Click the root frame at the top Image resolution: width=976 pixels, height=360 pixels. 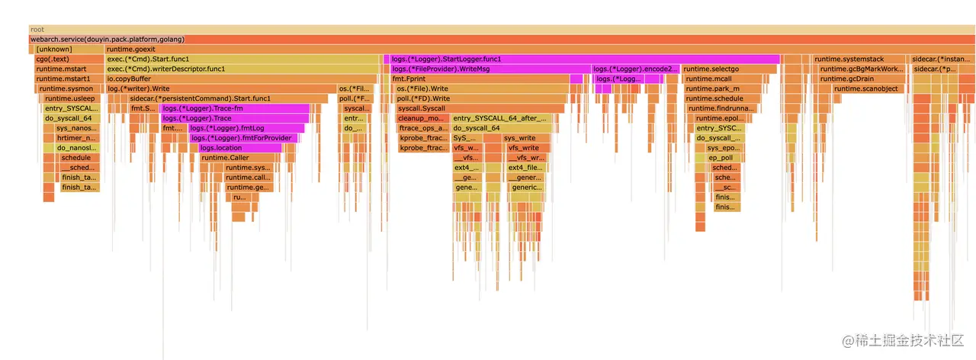click(x=488, y=29)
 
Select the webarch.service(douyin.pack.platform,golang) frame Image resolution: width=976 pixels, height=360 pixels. click(x=488, y=39)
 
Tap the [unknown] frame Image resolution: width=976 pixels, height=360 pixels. click(x=66, y=49)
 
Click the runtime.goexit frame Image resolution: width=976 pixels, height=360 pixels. click(x=534, y=49)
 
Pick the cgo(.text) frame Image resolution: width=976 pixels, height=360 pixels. click(x=66, y=59)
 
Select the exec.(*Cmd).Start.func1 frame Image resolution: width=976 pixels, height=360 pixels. click(x=242, y=59)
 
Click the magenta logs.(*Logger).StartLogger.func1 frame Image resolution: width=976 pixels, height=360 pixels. click(x=584, y=59)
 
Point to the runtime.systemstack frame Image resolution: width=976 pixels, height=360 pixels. click(x=859, y=59)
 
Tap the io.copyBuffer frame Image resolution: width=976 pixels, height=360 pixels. click(x=241, y=79)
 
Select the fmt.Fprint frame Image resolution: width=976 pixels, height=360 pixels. click(x=479, y=79)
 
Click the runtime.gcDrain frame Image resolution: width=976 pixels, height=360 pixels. click(x=860, y=79)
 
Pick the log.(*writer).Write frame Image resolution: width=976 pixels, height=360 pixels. click(x=220, y=88)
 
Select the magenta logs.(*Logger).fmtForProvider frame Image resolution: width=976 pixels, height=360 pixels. click(x=244, y=138)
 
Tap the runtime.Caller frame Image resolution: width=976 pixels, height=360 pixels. click(x=239, y=158)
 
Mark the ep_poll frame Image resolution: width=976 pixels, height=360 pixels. click(x=719, y=158)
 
